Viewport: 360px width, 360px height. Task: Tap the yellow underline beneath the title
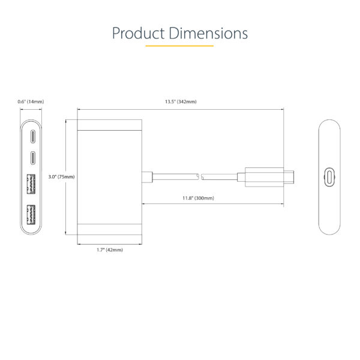click(180, 46)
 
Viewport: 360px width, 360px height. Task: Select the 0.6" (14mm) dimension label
click(31, 102)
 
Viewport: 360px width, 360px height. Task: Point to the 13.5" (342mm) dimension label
click(181, 102)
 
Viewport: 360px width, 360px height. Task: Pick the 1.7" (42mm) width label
click(109, 250)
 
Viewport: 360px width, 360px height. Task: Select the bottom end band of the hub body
click(109, 229)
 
